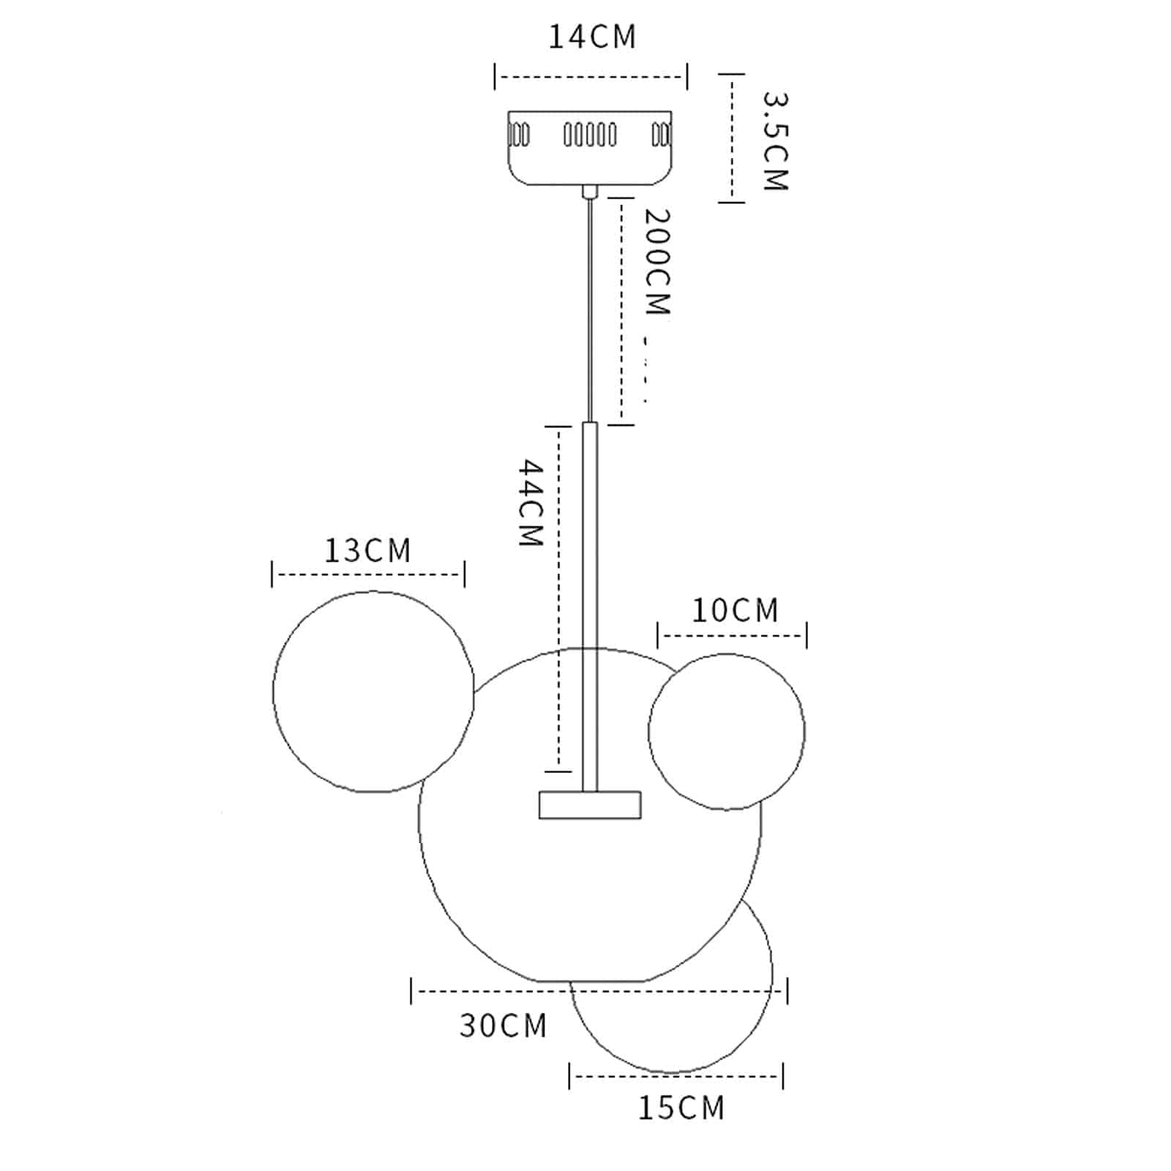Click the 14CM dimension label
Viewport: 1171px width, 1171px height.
coord(593,37)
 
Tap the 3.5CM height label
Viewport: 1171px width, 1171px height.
coord(775,141)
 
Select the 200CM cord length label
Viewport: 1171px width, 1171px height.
coord(656,262)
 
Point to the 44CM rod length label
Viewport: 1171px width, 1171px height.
coord(531,503)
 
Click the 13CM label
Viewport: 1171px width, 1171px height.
coord(368,550)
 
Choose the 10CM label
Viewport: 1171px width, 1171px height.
coord(736,610)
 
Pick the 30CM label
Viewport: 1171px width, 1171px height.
coord(504,1025)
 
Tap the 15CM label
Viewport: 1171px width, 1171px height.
coord(681,1108)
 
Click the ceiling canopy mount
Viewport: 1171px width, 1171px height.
coord(590,147)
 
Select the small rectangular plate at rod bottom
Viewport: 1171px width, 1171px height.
coord(590,804)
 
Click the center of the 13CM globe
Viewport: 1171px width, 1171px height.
coord(373,692)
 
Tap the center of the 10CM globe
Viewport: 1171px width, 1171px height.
coord(727,731)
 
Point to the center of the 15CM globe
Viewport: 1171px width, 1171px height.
coord(671,973)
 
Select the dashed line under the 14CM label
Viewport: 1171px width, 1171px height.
coord(591,76)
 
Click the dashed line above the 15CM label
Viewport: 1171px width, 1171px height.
coord(676,1076)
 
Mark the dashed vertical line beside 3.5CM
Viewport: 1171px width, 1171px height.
coord(732,138)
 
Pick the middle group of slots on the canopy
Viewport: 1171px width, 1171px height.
coord(590,135)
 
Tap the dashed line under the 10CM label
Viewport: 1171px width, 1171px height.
coord(732,635)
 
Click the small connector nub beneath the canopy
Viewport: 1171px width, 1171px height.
coord(590,192)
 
